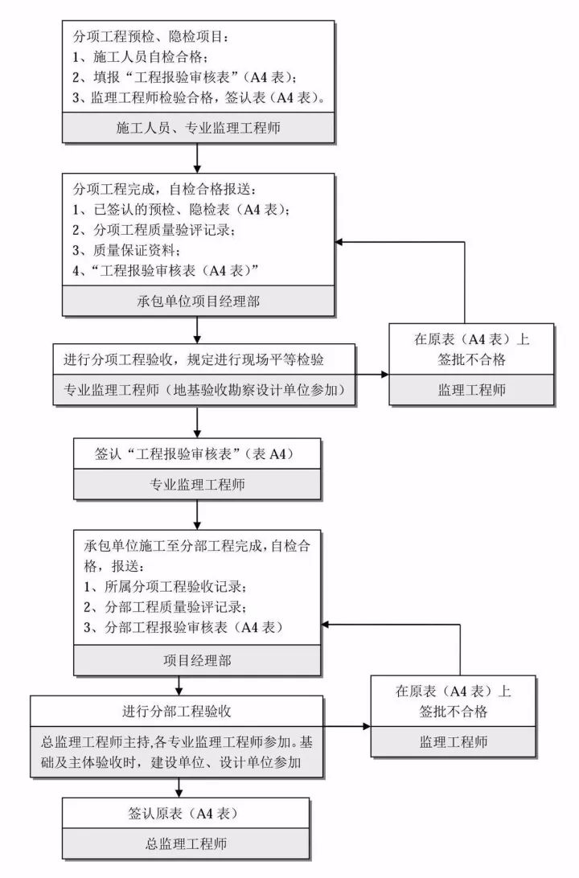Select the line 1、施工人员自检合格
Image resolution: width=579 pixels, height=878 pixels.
141,57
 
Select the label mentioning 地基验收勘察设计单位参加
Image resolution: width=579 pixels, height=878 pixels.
205,390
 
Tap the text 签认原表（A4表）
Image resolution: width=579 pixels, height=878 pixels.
183,813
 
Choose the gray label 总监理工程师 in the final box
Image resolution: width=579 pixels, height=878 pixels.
184,843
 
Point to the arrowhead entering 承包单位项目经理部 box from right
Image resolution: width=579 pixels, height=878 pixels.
341,243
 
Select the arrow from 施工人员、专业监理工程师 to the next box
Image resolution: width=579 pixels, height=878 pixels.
198,158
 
